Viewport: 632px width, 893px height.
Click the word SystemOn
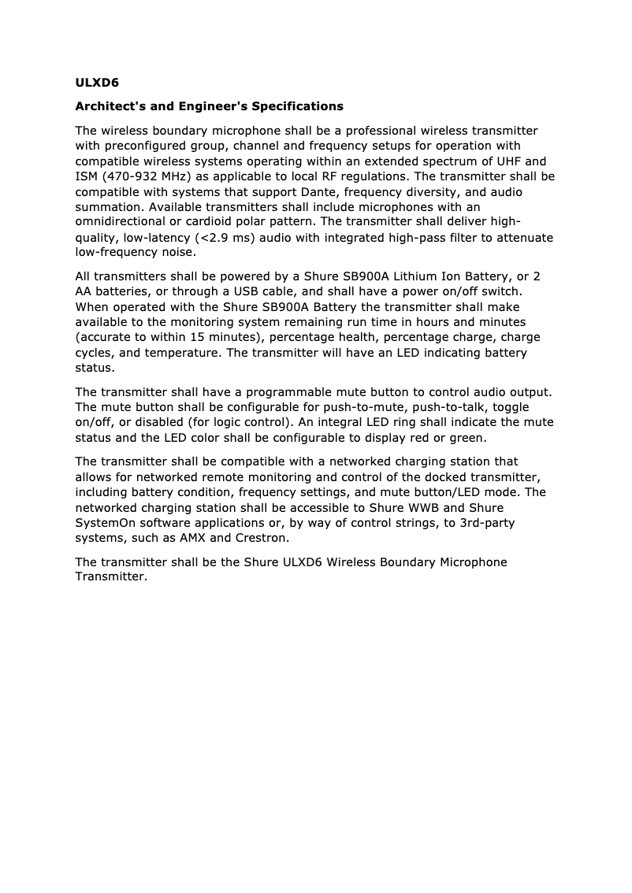pyautogui.click(x=107, y=523)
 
